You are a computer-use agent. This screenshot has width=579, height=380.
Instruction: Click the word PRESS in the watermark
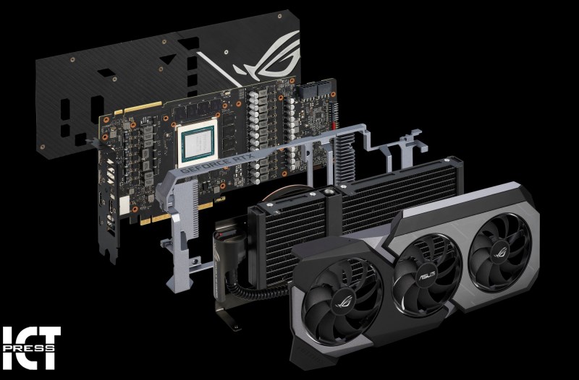(29, 347)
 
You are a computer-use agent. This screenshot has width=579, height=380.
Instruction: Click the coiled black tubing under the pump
(255, 288)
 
